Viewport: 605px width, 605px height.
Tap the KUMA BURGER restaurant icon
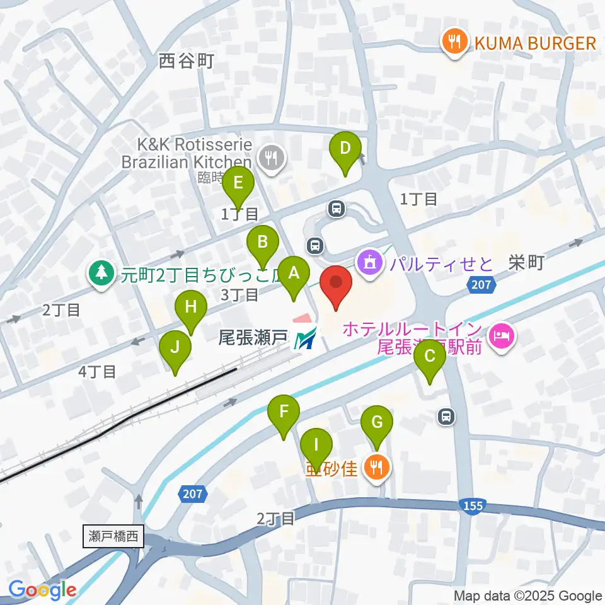click(x=453, y=42)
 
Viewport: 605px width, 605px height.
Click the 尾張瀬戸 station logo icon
click(x=306, y=340)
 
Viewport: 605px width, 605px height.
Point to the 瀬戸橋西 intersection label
click(x=113, y=537)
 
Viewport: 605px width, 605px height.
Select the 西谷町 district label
click(x=187, y=61)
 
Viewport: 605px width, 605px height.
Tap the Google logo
click(x=42, y=590)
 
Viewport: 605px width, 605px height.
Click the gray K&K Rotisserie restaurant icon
click(x=272, y=156)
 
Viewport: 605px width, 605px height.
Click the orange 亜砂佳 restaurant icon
click(x=377, y=467)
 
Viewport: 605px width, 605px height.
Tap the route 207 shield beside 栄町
click(x=481, y=285)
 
